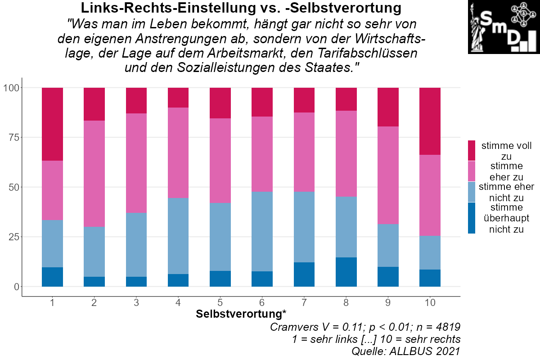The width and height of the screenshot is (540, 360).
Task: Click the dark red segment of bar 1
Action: tap(52, 124)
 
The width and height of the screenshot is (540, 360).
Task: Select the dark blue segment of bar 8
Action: tap(346, 272)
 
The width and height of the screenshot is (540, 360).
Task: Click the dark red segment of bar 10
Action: tap(430, 121)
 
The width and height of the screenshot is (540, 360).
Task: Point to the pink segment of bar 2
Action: tap(94, 173)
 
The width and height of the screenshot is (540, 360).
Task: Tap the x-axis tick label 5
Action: tap(220, 303)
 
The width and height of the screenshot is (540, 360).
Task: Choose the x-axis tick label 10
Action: tap(430, 303)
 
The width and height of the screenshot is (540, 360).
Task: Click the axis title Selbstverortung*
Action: tap(241, 314)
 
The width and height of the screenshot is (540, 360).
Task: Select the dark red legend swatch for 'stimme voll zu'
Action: tap(472, 150)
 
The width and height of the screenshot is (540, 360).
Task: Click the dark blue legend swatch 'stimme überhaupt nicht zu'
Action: tap(472, 218)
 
